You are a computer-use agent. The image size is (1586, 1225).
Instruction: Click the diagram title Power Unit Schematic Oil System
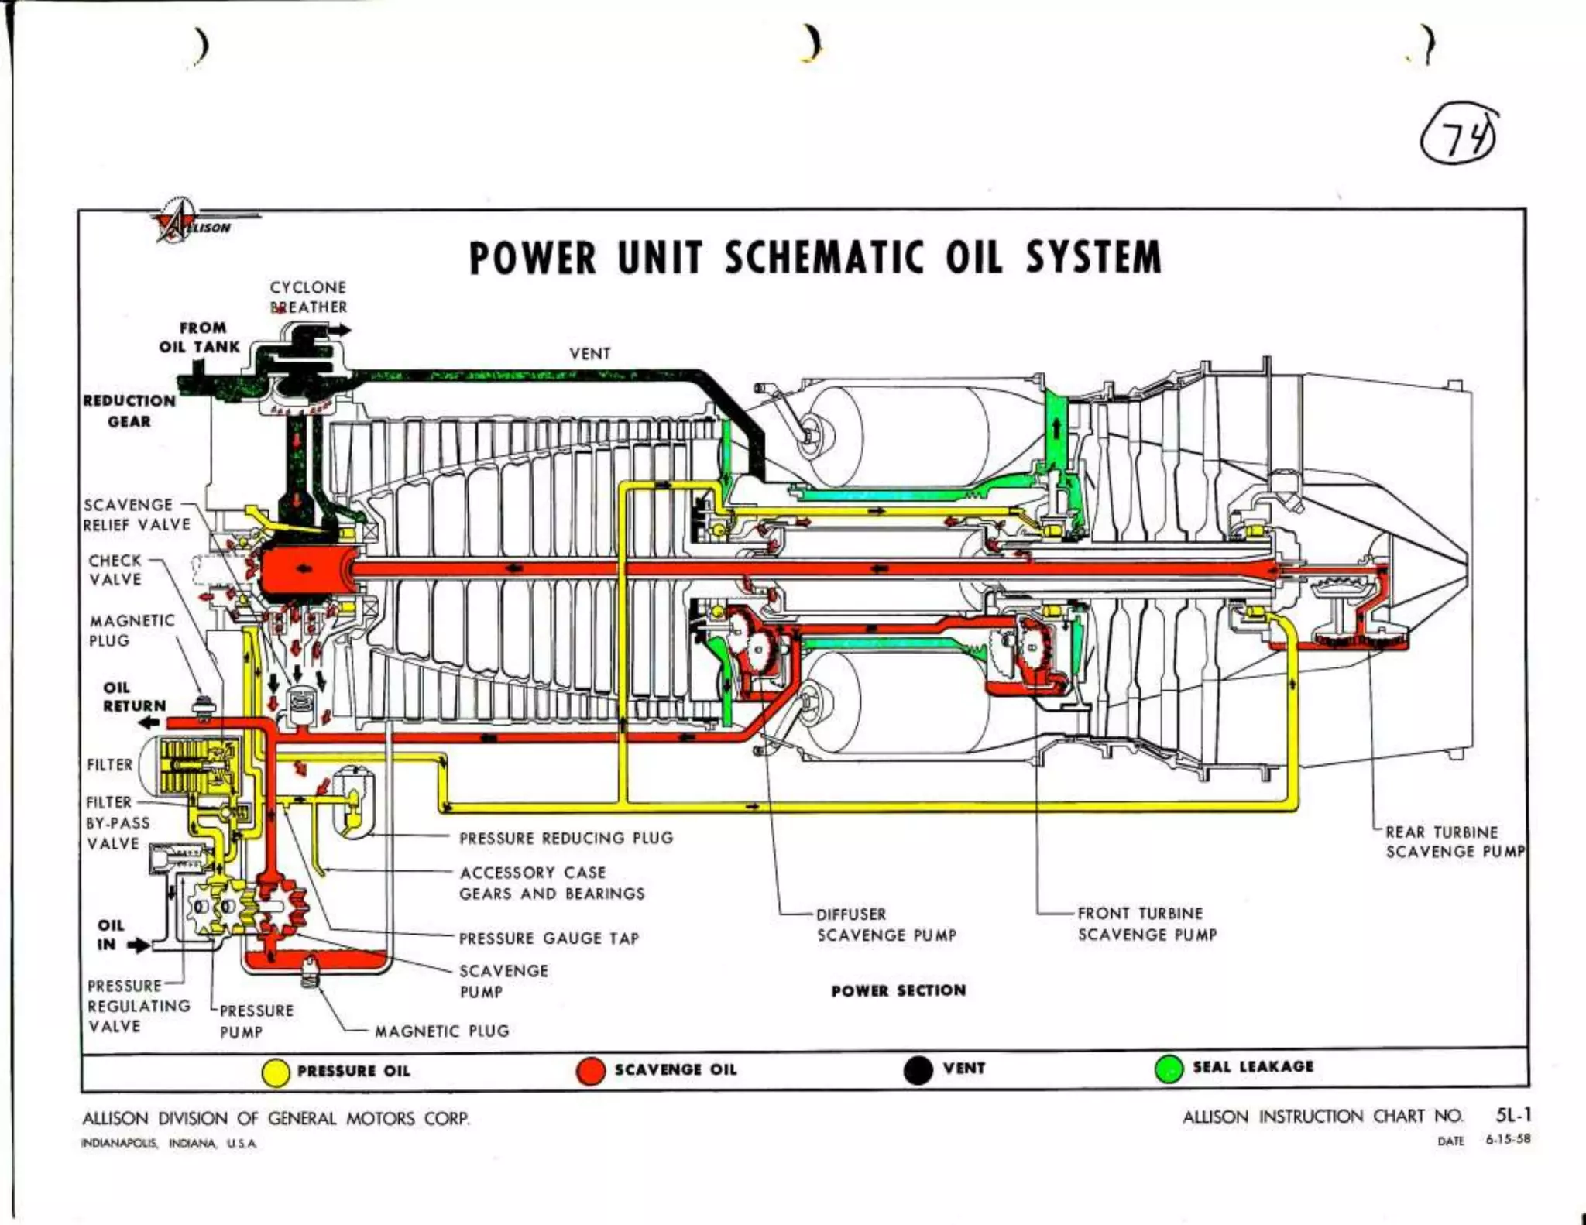[815, 258]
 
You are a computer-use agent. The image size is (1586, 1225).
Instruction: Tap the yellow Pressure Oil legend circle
[276, 1072]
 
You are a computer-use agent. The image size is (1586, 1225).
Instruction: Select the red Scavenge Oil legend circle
[591, 1071]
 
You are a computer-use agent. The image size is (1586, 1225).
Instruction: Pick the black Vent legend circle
[918, 1070]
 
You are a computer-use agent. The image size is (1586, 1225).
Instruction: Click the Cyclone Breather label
[308, 297]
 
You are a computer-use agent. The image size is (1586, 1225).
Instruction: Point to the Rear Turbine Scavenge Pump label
[1453, 842]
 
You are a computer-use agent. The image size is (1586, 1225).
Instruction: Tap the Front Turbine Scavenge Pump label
[1146, 924]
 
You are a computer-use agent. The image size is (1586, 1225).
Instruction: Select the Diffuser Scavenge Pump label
[886, 925]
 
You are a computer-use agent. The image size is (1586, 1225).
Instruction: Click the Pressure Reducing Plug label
[566, 838]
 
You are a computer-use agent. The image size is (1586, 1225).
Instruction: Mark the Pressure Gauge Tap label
[548, 938]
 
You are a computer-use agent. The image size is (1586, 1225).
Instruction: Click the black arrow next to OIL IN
[138, 945]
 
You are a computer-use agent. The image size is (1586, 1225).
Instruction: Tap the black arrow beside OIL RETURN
[149, 722]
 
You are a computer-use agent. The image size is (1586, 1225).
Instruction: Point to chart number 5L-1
[1513, 1115]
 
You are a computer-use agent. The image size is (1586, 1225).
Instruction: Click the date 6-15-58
[1508, 1140]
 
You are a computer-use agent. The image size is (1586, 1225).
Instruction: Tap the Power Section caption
[898, 990]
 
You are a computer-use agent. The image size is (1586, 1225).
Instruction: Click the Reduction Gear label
[129, 411]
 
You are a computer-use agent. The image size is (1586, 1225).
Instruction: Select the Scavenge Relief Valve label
[136, 514]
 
